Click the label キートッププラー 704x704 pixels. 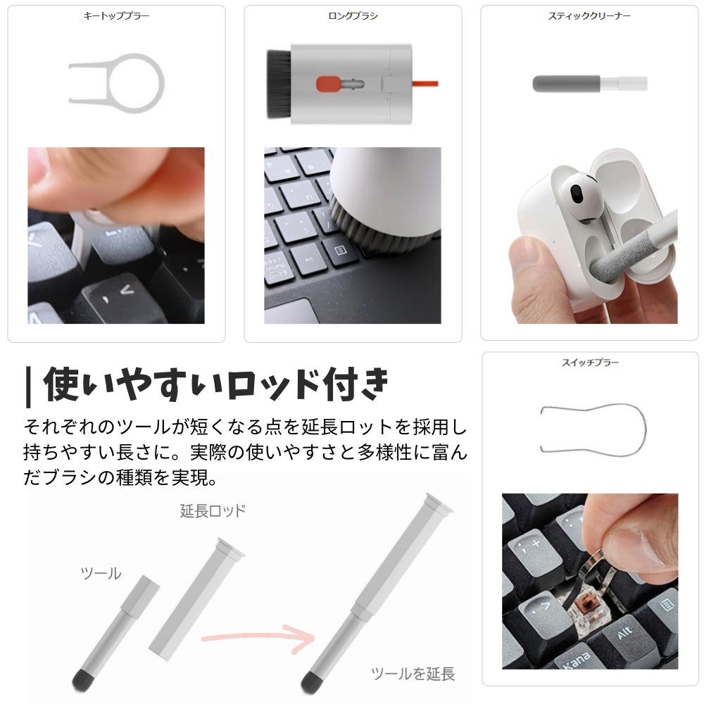tap(116, 15)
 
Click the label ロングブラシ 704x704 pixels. tap(353, 15)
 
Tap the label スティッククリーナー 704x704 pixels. tap(589, 15)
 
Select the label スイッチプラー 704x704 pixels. tap(590, 363)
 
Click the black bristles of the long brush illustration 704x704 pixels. tap(279, 84)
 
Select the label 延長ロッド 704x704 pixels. tap(213, 511)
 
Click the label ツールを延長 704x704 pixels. tap(413, 673)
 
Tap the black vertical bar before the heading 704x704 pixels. tap(27, 386)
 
